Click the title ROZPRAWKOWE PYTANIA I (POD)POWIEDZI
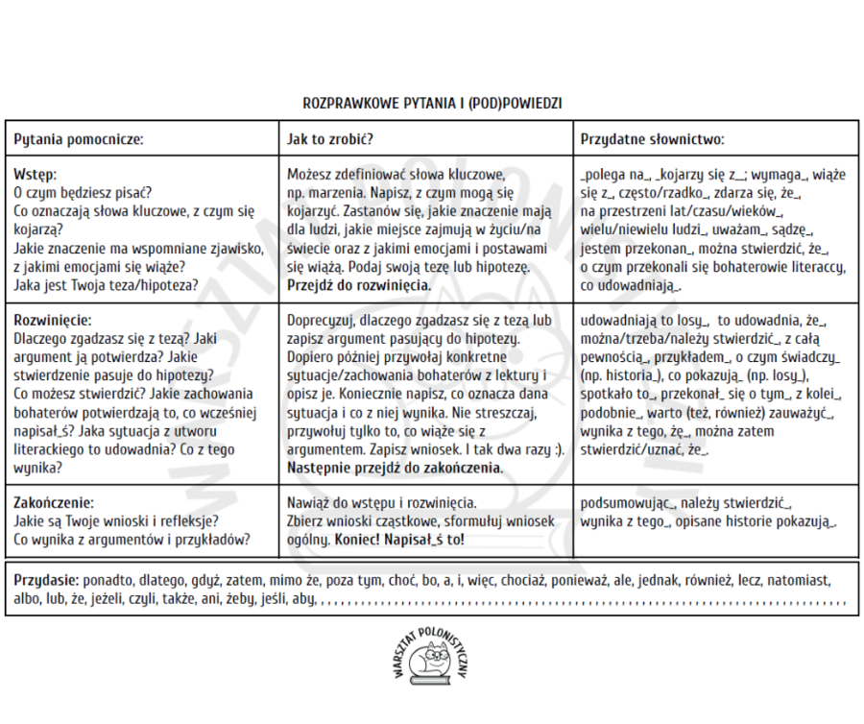click(x=432, y=101)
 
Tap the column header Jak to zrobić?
click(x=330, y=139)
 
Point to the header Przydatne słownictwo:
click(x=652, y=139)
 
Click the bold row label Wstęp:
click(x=36, y=174)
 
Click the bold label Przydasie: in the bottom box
click(x=47, y=581)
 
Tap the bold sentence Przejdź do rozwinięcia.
click(x=359, y=285)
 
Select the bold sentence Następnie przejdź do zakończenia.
click(x=395, y=468)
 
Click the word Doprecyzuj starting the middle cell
click(x=322, y=321)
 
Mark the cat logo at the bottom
click(x=431, y=663)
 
